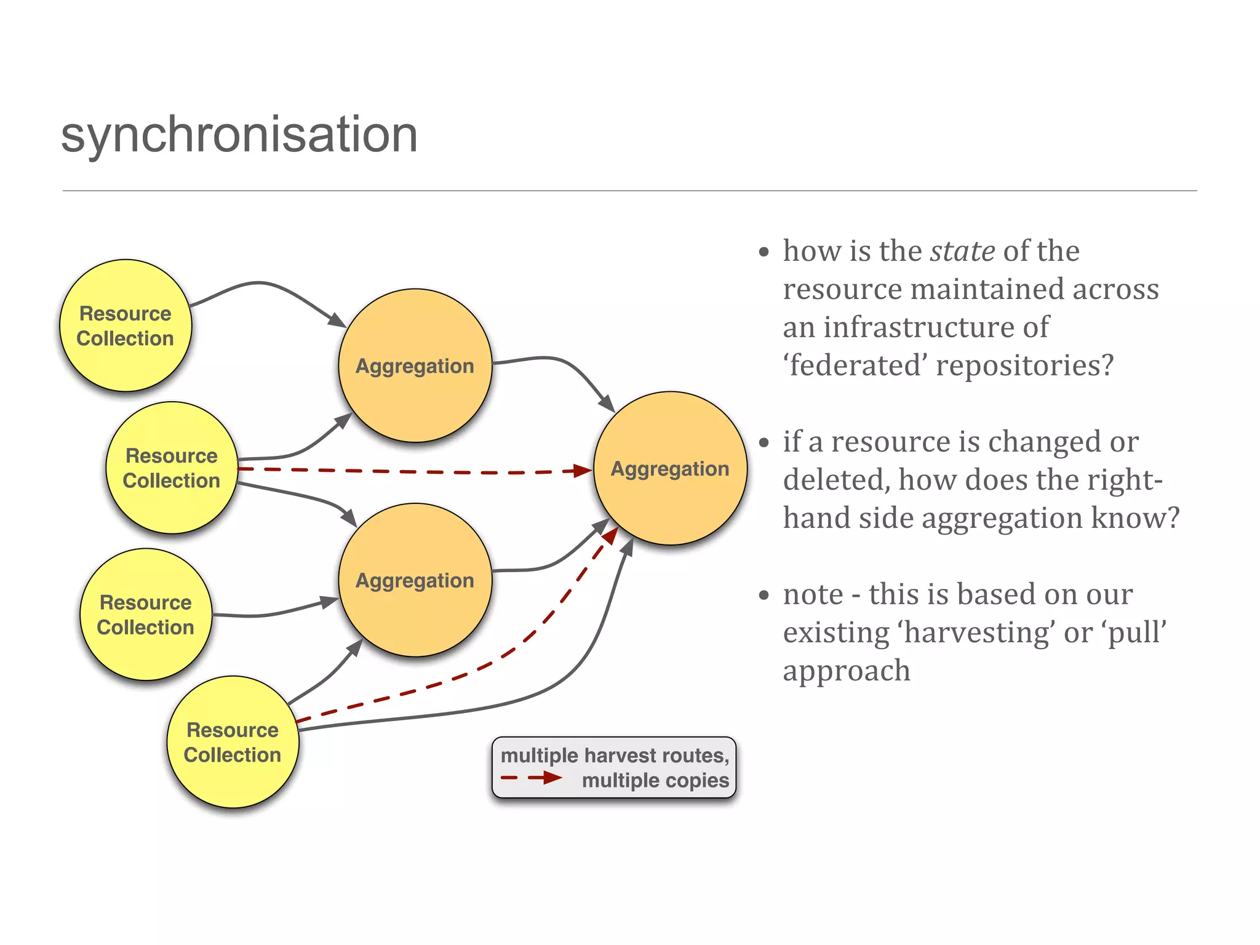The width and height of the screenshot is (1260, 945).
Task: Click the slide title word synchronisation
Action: [x=239, y=135]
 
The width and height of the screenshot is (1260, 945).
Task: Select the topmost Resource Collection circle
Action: [x=126, y=325]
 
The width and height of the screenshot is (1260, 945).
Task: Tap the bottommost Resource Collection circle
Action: [x=233, y=742]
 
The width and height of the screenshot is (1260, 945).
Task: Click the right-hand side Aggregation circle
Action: [x=670, y=468]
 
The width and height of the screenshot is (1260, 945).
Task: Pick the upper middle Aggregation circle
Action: [x=415, y=365]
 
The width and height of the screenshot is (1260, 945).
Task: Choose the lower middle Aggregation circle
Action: [x=415, y=580]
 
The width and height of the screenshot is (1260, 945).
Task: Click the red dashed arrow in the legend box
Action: [x=531, y=778]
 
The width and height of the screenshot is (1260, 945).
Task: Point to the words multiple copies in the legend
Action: [x=655, y=780]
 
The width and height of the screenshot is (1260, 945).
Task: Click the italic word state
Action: [x=962, y=251]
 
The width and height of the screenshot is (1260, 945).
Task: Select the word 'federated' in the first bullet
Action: [x=855, y=365]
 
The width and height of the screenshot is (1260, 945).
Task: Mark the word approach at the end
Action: [x=847, y=671]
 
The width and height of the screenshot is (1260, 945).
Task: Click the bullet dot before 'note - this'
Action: [x=764, y=595]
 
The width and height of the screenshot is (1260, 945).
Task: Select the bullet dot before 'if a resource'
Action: [x=764, y=442]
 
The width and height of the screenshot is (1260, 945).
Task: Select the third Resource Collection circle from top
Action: [x=146, y=614]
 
